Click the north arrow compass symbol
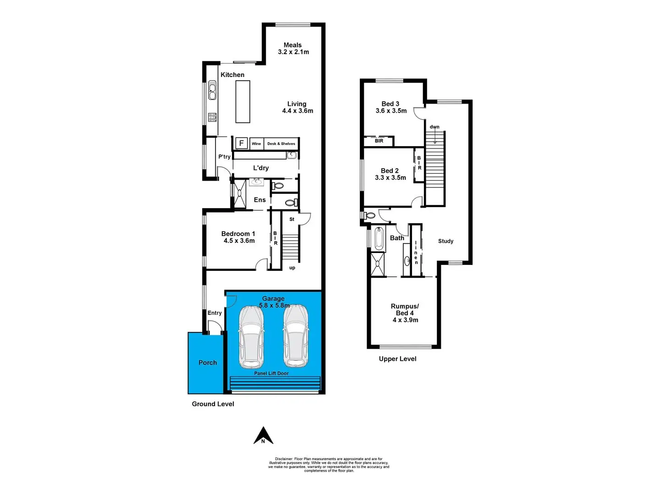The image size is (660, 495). pyautogui.click(x=264, y=436)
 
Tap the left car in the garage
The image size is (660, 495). pyautogui.click(x=251, y=336)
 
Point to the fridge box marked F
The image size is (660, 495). pyautogui.click(x=242, y=143)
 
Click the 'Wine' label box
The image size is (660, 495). pyautogui.click(x=256, y=144)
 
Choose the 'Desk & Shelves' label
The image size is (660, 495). pyautogui.click(x=281, y=144)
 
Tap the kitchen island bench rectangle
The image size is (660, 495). pyautogui.click(x=242, y=101)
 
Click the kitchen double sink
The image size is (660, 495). pyautogui.click(x=212, y=90)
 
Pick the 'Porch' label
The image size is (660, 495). pyautogui.click(x=208, y=363)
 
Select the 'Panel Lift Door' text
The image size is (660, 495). pyautogui.click(x=271, y=374)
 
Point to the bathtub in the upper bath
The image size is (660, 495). pyautogui.click(x=379, y=238)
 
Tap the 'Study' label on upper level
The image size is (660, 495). pyautogui.click(x=445, y=241)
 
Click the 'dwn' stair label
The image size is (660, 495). pyautogui.click(x=434, y=127)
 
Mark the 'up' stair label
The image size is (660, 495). pyautogui.click(x=292, y=268)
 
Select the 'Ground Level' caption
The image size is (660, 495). pyautogui.click(x=213, y=404)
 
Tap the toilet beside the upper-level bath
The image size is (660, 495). pyautogui.click(x=369, y=215)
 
